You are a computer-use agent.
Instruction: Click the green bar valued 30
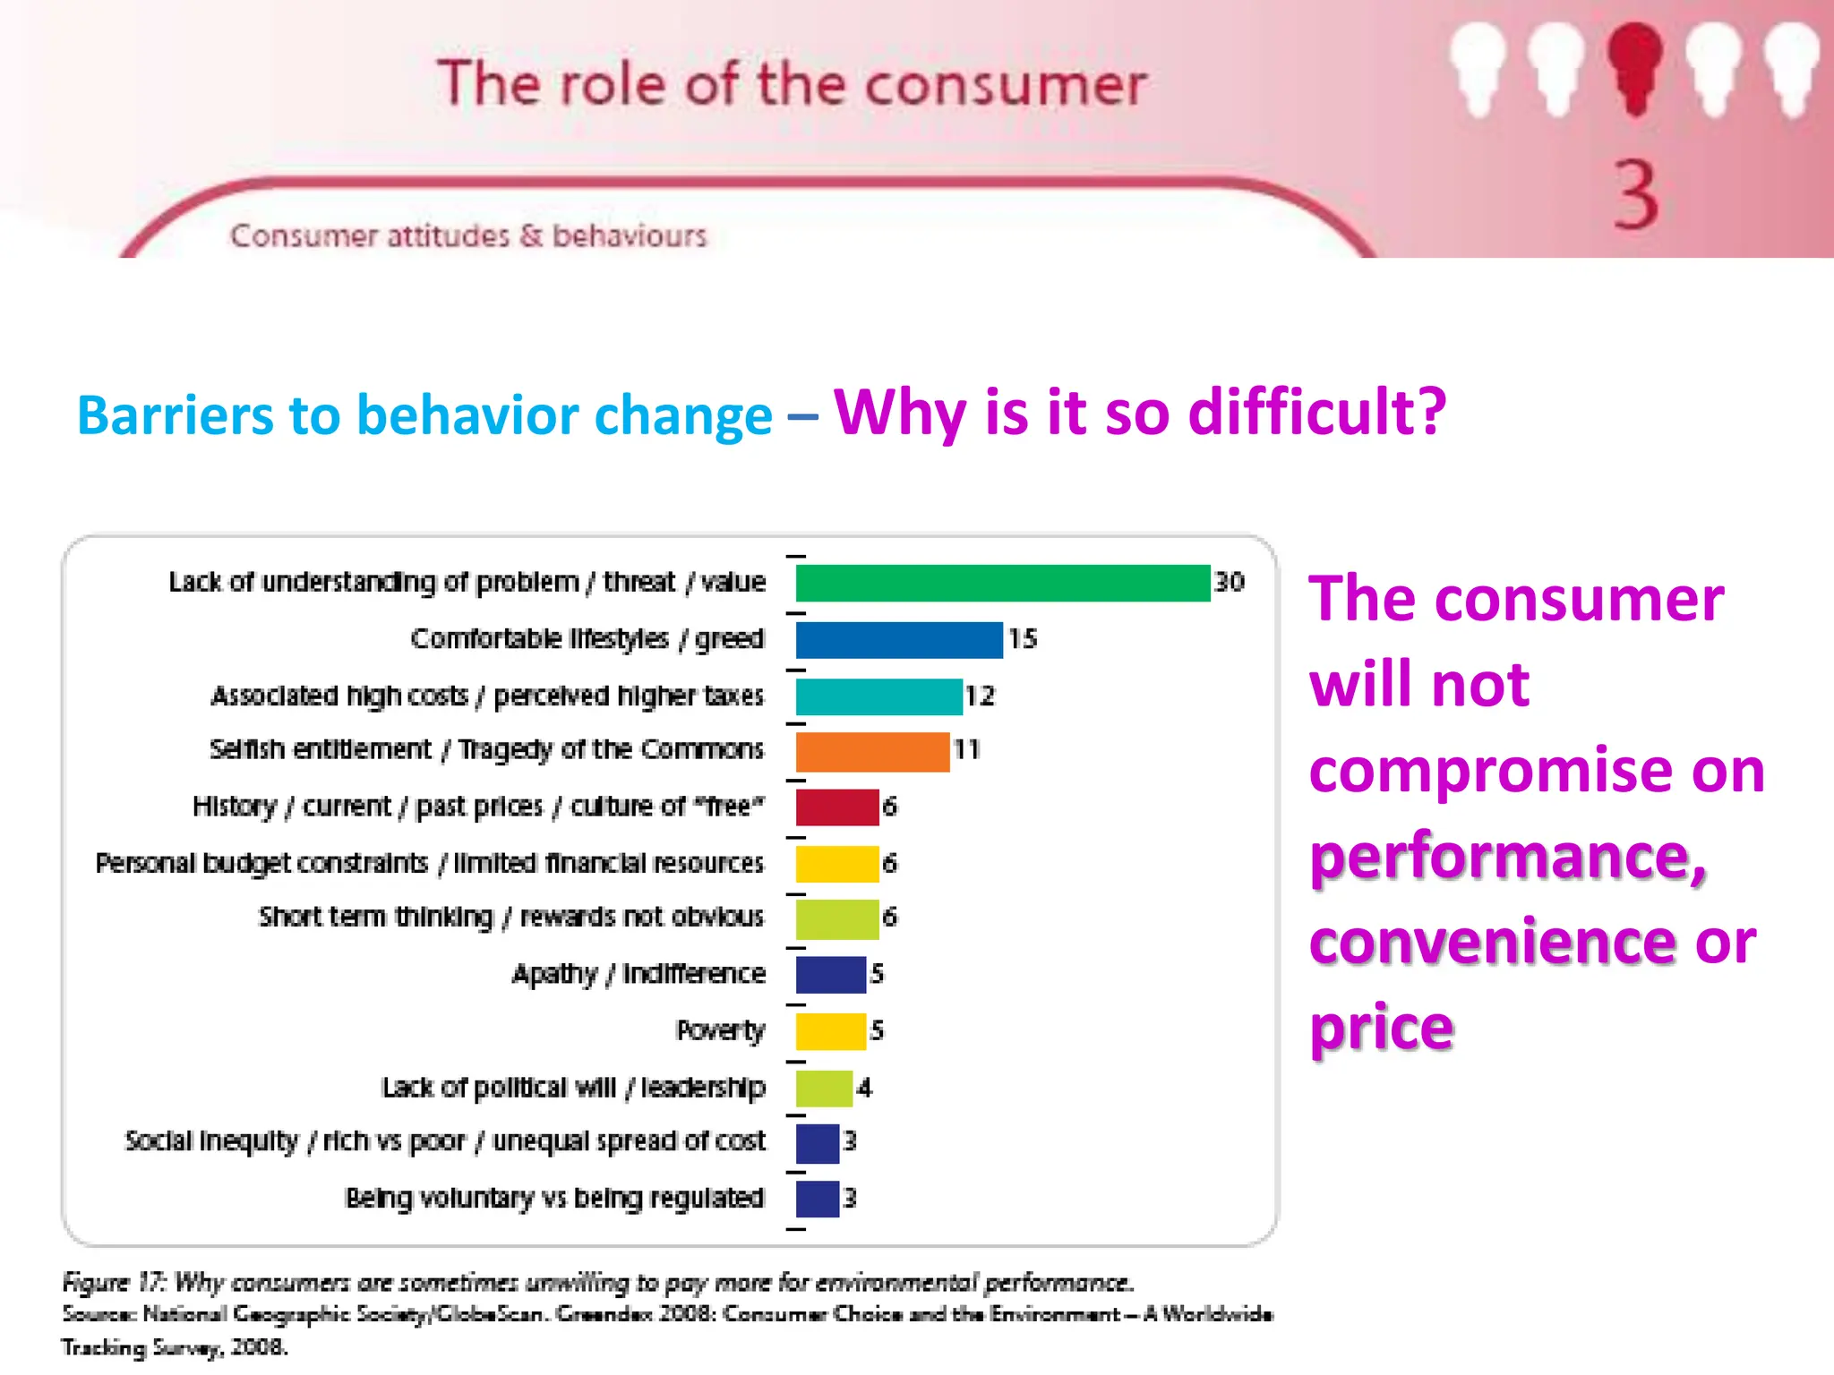coord(1002,583)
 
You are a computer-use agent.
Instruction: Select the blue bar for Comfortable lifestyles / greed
coord(898,639)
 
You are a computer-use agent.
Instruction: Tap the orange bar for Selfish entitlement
coord(872,751)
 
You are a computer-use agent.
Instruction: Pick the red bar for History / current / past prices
coord(836,807)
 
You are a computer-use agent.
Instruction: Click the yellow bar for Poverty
coord(830,1031)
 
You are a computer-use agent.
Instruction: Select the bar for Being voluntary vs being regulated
coord(817,1199)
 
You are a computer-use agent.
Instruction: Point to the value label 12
coord(980,696)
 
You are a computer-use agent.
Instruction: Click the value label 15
coord(1022,639)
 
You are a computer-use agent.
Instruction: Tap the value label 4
coord(863,1088)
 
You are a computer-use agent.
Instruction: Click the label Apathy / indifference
coord(638,974)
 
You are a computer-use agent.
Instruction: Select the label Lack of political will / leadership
coord(573,1088)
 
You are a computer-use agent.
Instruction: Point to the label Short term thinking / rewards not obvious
coord(511,918)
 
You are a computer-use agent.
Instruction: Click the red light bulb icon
coord(1634,67)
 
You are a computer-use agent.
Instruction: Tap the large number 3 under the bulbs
coord(1635,196)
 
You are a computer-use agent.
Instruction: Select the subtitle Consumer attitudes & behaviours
coord(467,236)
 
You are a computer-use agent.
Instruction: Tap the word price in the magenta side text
coord(1381,1028)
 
